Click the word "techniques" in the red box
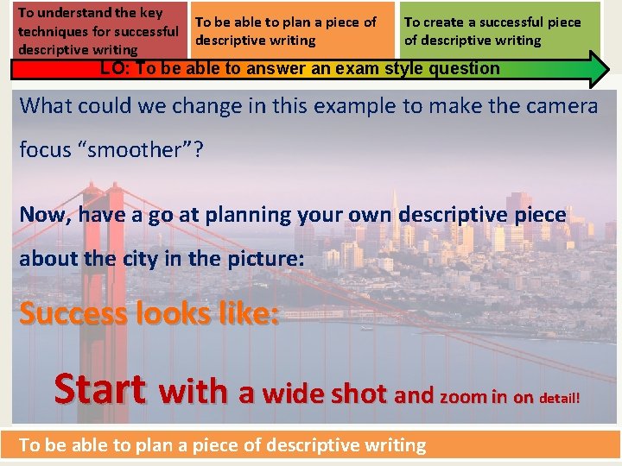53,32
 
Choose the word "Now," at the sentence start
44,214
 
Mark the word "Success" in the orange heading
73,313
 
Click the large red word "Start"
99,389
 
